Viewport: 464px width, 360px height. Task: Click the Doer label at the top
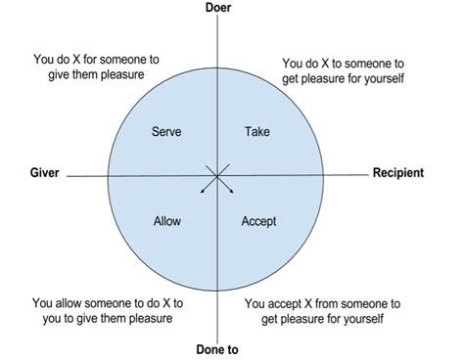pos(217,8)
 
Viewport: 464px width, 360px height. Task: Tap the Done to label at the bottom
pos(216,348)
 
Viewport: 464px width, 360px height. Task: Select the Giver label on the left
pos(45,173)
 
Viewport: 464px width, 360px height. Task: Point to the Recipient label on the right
pos(397,173)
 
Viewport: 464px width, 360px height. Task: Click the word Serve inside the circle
pos(166,131)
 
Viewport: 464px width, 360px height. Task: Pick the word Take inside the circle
pos(256,131)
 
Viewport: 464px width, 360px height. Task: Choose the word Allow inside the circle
pos(167,221)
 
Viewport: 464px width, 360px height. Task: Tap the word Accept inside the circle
pos(258,221)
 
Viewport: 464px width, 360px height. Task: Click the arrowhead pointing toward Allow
pos(201,192)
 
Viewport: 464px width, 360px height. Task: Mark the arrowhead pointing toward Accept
pos(233,192)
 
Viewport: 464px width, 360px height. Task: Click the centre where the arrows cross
pos(216,176)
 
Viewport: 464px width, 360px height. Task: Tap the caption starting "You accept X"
pos(323,311)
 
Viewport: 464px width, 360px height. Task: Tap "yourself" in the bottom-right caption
pos(364,319)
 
